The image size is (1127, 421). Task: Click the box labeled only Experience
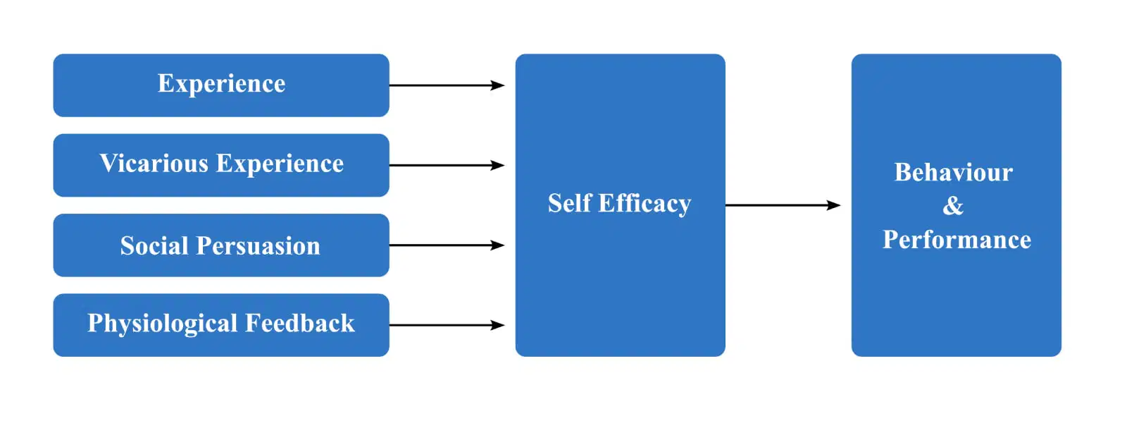(221, 85)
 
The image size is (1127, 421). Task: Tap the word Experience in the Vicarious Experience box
(280, 164)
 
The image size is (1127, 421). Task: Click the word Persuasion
(258, 245)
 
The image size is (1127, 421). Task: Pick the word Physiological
(162, 324)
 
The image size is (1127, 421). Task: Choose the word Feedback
(300, 323)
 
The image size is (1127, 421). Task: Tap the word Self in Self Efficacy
(569, 203)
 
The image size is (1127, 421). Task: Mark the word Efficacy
(645, 205)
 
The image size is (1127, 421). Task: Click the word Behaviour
(954, 172)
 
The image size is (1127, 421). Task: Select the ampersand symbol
(953, 205)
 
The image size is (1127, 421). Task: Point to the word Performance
(957, 239)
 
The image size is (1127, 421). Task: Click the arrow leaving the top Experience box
(447, 85)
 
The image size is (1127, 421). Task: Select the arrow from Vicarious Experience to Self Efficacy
(447, 165)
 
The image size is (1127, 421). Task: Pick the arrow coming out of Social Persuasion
(447, 245)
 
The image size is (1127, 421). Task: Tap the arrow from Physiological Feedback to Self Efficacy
(447, 325)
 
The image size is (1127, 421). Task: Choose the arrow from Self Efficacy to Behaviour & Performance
(783, 205)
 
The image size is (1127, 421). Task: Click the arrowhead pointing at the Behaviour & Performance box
(834, 205)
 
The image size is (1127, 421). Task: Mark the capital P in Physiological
(95, 322)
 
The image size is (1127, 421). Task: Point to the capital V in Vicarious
(109, 163)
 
